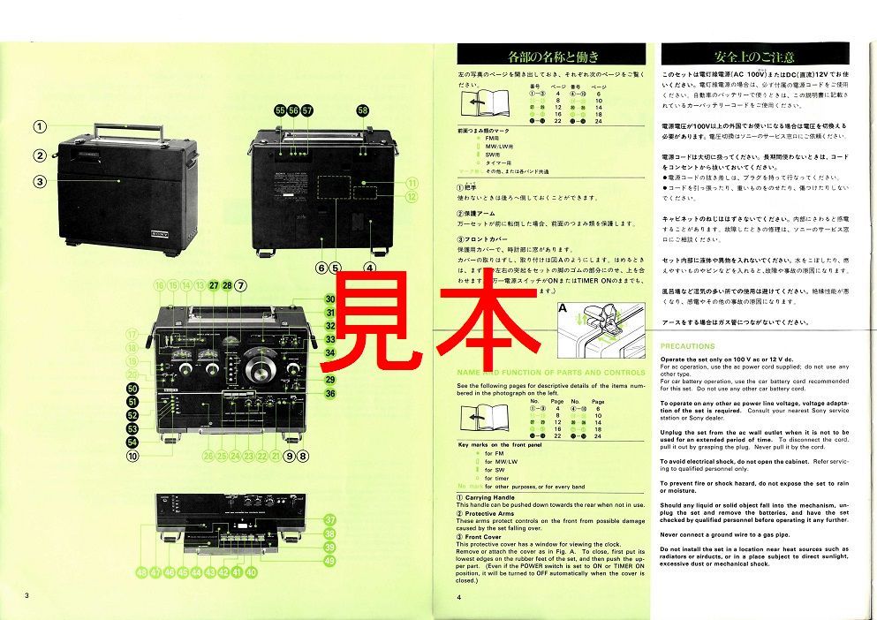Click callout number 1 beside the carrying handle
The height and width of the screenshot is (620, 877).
[x=40, y=126]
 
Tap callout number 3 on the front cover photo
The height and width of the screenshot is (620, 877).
[x=40, y=183]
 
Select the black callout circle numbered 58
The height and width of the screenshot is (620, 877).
[x=363, y=110]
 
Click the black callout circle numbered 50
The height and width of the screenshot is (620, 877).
[x=132, y=389]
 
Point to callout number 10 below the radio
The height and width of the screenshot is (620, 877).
[x=132, y=457]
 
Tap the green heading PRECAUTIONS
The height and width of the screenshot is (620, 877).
[x=687, y=346]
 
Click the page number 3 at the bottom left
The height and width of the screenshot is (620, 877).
[x=27, y=596]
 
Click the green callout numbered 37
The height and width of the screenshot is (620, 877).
[x=329, y=520]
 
